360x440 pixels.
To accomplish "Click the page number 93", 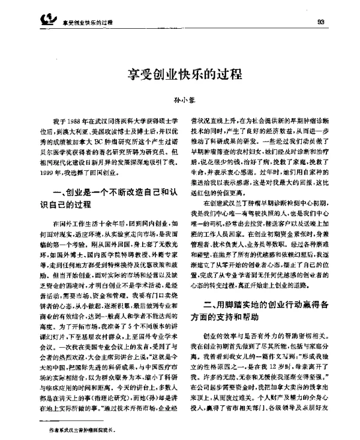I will (321, 22).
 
